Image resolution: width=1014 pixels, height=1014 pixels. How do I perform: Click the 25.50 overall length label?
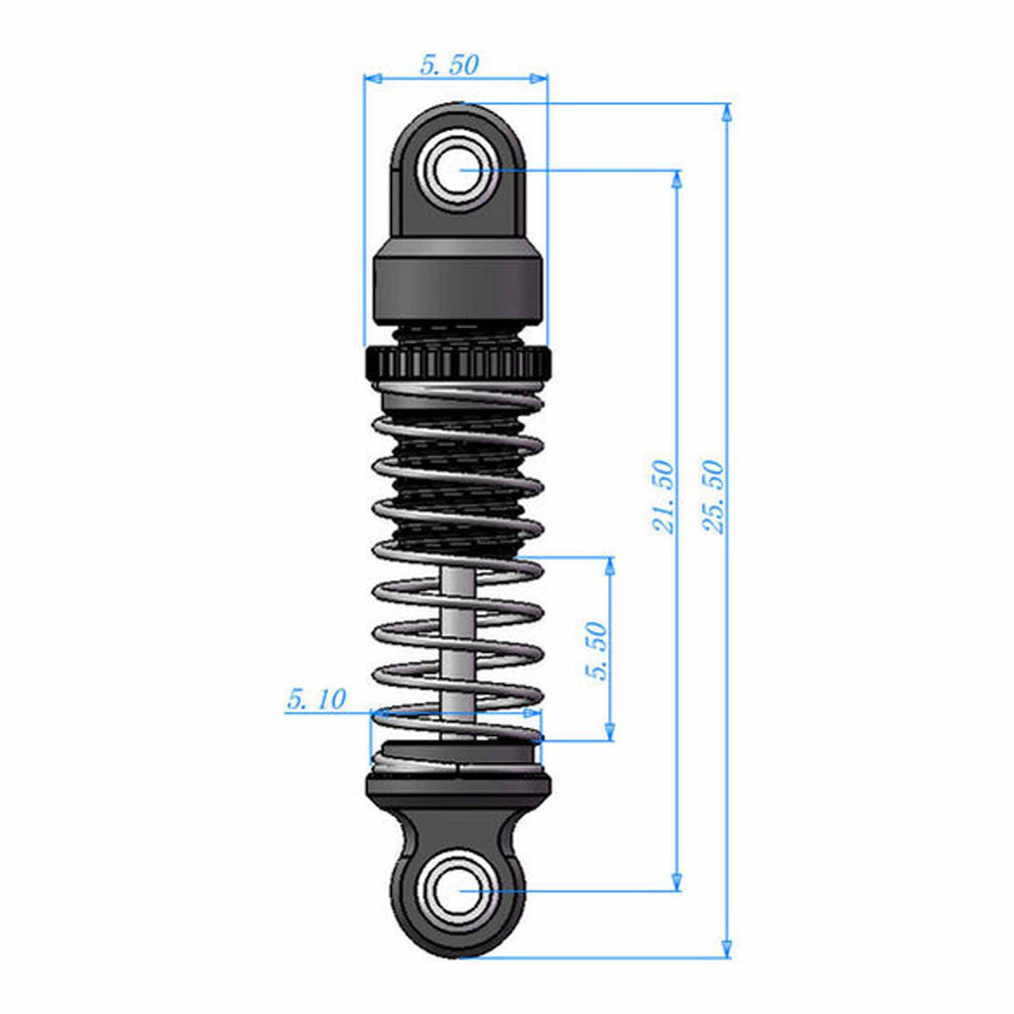pos(714,497)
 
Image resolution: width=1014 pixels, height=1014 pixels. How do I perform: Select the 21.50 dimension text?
pos(662,497)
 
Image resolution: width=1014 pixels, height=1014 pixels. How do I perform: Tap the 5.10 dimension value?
pos(316,699)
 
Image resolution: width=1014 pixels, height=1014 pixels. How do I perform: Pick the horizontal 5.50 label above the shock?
pos(449,65)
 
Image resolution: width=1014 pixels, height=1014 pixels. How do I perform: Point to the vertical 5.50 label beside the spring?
pos(597,651)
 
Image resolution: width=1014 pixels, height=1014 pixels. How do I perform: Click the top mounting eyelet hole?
pos(459,170)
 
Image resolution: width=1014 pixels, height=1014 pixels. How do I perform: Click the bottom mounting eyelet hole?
pos(459,890)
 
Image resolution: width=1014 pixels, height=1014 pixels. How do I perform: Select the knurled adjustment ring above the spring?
pos(457,364)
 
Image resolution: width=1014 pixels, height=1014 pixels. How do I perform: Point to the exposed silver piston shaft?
pos(458,634)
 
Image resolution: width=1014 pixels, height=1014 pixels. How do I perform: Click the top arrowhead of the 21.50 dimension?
pos(676,179)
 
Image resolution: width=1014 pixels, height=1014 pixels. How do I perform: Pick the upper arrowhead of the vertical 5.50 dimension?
pos(609,566)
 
